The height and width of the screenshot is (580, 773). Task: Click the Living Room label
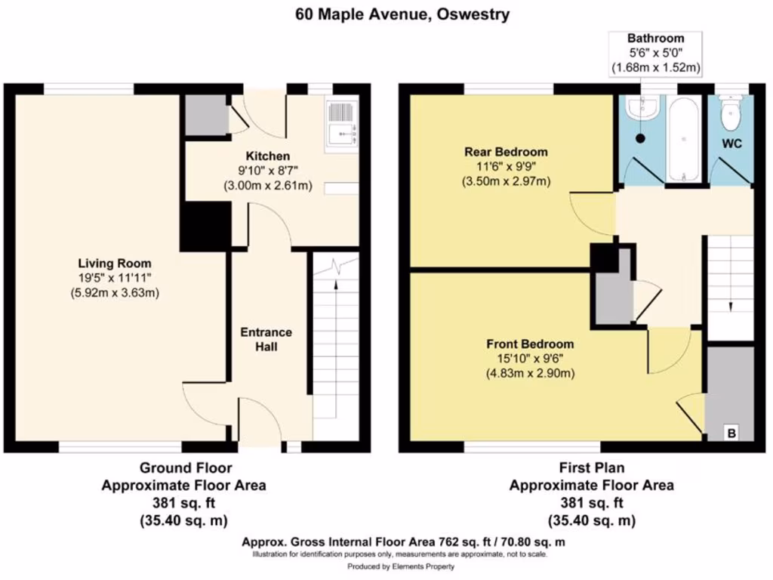115,264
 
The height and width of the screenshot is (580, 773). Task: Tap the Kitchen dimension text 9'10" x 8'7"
268,171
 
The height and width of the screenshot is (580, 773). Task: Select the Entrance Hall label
266,339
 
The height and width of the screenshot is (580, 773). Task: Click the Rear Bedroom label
506,152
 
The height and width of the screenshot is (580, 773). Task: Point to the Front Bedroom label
530,344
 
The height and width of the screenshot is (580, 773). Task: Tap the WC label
732,144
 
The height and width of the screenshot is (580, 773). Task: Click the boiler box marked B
731,433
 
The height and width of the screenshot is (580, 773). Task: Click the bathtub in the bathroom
683,139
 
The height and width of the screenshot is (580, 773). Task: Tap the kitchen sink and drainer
341,123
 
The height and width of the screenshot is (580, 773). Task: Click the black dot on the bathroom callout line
640,139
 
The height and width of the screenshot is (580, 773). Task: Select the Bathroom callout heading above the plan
656,39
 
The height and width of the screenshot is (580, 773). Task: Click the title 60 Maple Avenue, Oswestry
402,14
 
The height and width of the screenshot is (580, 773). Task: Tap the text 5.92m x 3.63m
115,292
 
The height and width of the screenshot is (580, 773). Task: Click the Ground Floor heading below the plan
186,467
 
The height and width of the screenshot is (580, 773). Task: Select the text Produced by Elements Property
401,566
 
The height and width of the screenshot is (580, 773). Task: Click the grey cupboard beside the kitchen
206,115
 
